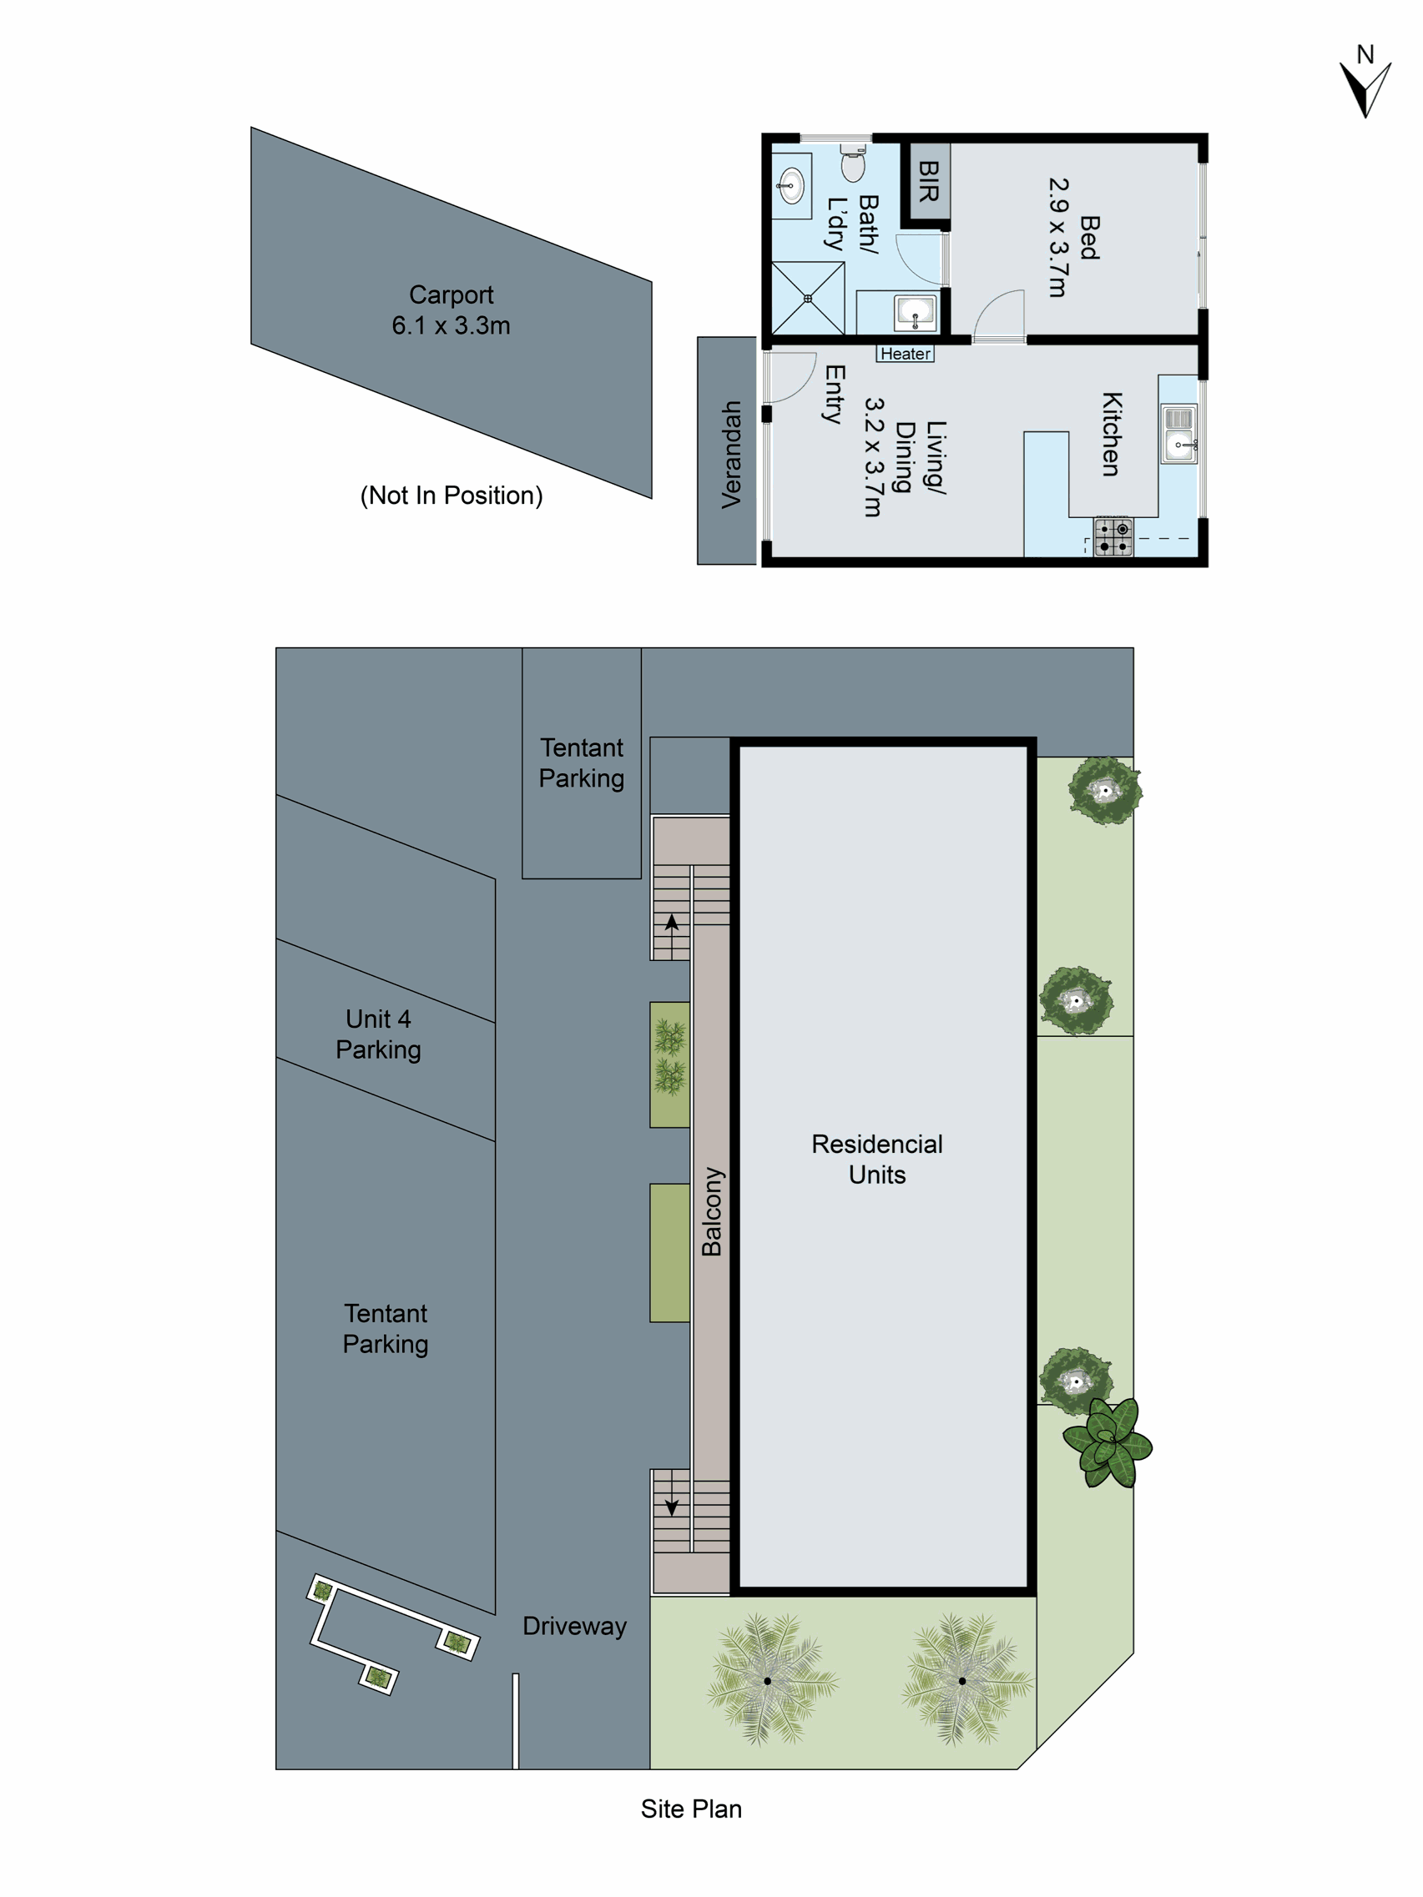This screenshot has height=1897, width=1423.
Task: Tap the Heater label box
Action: [905, 355]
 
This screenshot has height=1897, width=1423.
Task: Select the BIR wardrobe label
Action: [928, 182]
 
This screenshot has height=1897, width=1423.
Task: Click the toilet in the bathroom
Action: [853, 163]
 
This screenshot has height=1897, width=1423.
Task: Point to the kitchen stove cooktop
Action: [1113, 538]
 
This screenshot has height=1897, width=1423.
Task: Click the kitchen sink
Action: [1179, 434]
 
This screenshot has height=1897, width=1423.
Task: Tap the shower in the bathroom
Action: [807, 299]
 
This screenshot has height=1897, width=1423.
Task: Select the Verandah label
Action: [731, 455]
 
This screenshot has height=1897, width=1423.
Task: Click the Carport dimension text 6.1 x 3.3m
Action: [452, 326]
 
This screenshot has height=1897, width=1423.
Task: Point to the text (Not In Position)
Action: [452, 496]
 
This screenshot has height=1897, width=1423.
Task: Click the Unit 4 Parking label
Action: [378, 1034]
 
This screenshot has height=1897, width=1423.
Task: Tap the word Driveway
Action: [575, 1626]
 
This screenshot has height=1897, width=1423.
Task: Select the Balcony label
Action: [712, 1211]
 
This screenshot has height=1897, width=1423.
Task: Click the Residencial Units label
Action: [876, 1159]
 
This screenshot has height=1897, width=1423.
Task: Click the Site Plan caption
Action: [691, 1809]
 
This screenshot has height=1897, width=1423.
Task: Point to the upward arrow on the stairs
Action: [672, 923]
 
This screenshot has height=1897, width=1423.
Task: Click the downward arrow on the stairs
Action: [672, 1507]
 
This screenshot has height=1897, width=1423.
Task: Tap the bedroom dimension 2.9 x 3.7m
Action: [1058, 238]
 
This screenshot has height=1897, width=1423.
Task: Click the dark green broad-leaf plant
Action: [1108, 1443]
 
